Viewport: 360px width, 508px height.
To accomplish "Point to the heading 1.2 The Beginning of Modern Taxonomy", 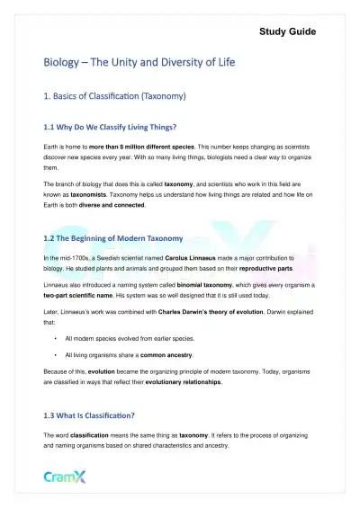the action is click(113, 239).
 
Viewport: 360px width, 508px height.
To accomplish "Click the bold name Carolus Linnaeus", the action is click(188, 259).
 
